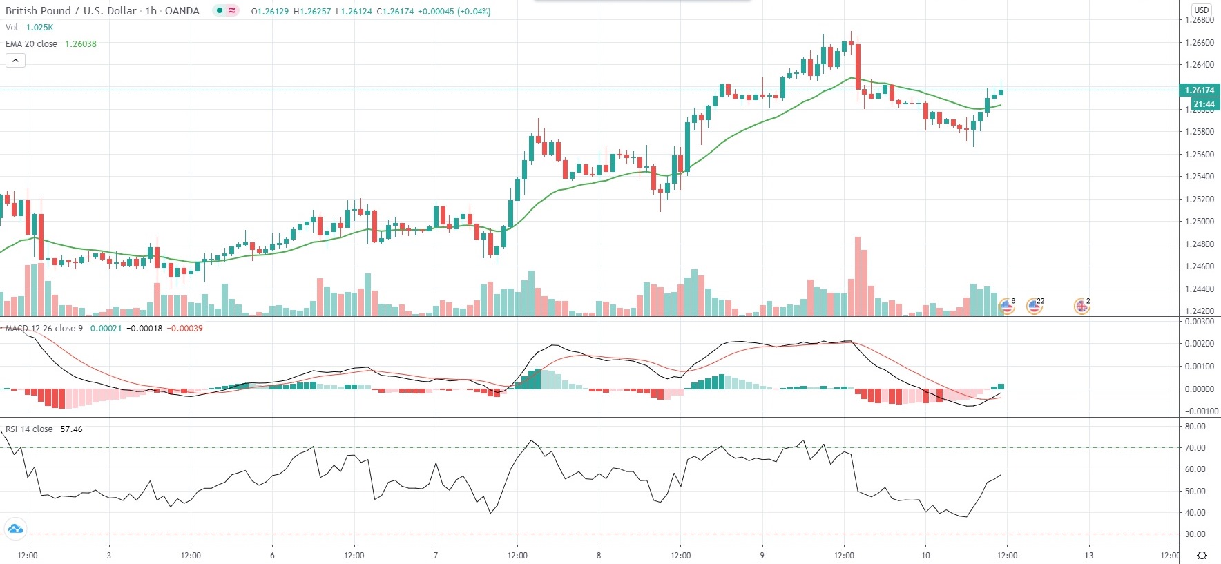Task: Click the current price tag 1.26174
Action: pos(1199,90)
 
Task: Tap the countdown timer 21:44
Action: pos(1203,104)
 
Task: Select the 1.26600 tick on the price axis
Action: pos(1199,43)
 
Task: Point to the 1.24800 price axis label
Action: pos(1199,244)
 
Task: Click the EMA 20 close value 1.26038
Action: pos(81,44)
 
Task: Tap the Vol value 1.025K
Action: pos(39,28)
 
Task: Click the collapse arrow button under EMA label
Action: pos(15,61)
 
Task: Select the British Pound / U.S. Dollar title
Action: pos(73,11)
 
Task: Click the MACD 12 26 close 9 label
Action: pos(44,329)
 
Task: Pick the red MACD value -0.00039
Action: pos(186,329)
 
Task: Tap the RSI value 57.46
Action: pos(71,429)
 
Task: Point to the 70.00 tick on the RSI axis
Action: pos(1195,448)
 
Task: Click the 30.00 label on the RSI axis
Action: pos(1195,534)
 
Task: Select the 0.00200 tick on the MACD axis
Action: pos(1199,344)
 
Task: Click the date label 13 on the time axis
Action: pos(1088,556)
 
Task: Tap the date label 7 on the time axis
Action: pos(436,556)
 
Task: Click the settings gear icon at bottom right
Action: pos(1202,556)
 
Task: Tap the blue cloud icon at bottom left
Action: pos(15,529)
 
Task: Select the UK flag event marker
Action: pos(1081,307)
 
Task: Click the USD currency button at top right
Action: pos(1202,10)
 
